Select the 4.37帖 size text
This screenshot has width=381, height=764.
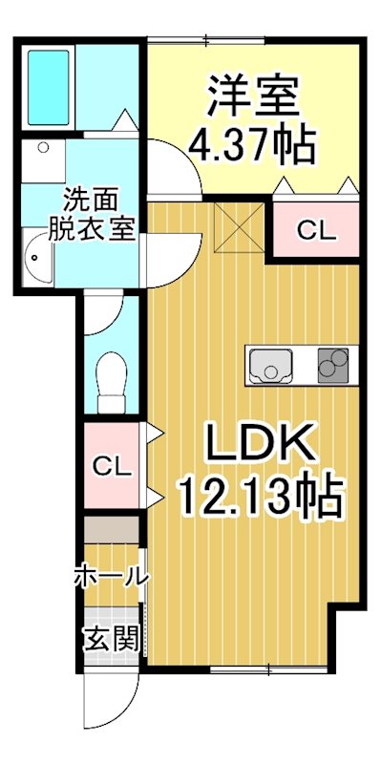(252, 145)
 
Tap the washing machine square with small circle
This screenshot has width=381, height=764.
(44, 161)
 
